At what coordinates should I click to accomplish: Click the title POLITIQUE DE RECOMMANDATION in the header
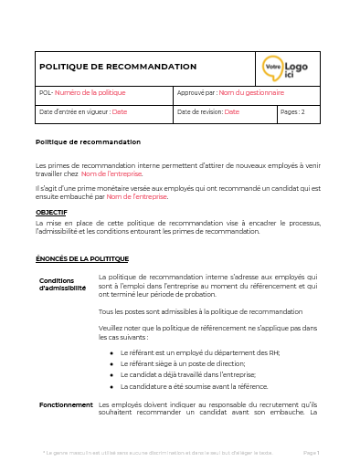coord(118,67)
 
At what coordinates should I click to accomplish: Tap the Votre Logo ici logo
coord(287,68)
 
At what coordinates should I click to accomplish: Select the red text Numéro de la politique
coord(90,93)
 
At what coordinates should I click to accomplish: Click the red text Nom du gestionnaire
coord(251,93)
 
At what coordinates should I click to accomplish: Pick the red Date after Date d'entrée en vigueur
coord(120,112)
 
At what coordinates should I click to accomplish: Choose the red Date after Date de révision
coord(231,112)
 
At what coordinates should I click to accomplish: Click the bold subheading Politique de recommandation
coord(88,142)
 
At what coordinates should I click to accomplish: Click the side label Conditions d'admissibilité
coord(63,283)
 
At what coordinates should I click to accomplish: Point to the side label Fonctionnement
coord(66,404)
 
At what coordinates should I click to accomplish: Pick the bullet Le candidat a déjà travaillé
coord(187,374)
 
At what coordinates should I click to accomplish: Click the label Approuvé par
coord(196,93)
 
